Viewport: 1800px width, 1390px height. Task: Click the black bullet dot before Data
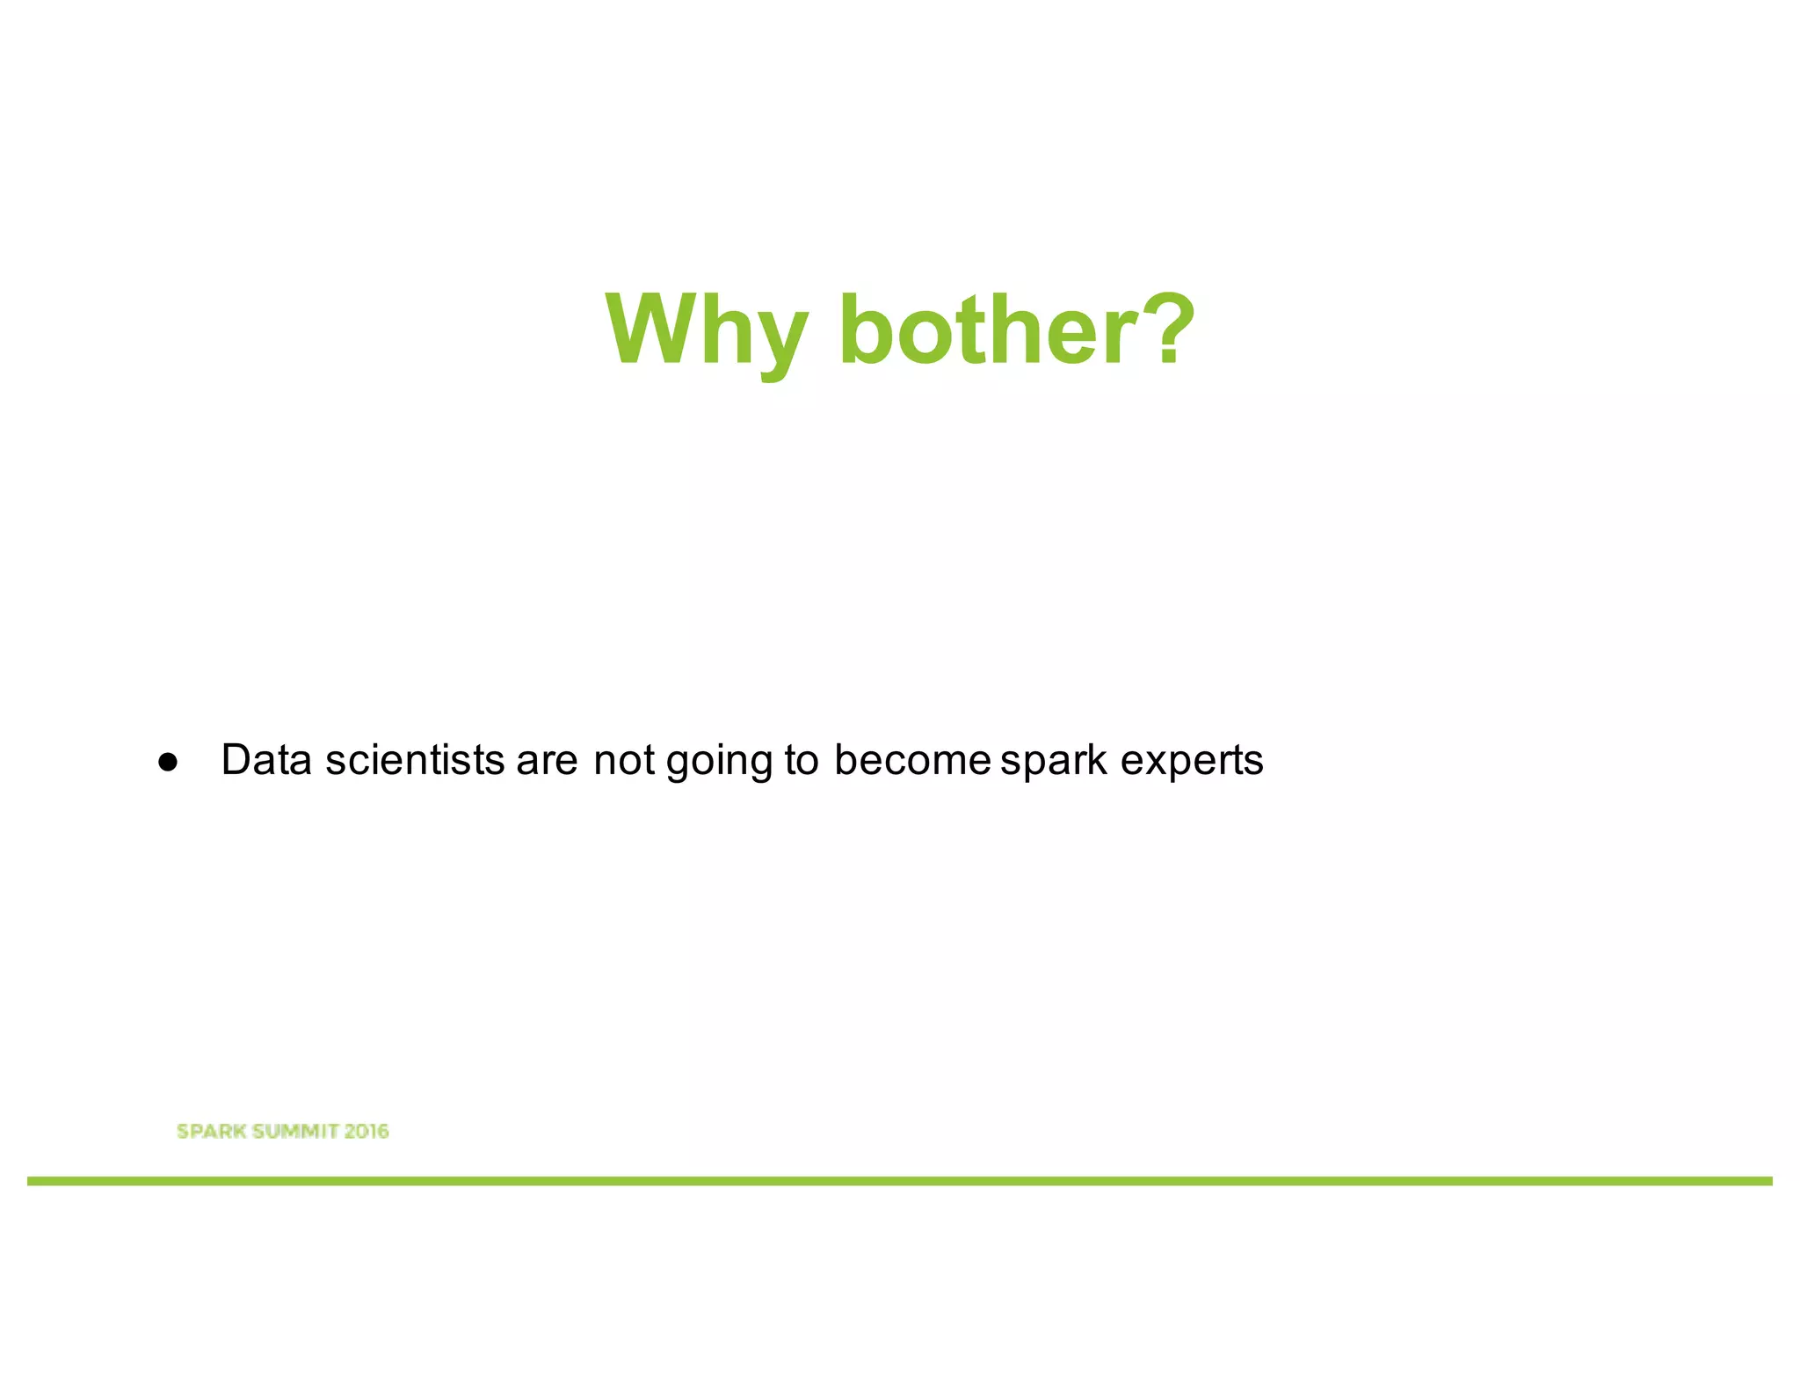click(x=168, y=763)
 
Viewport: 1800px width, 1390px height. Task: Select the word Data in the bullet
click(x=266, y=760)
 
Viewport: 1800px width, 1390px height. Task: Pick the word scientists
click(x=415, y=760)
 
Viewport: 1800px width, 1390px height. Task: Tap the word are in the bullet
click(x=547, y=761)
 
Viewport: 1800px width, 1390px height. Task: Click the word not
click(x=624, y=761)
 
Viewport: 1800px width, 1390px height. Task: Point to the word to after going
click(x=801, y=761)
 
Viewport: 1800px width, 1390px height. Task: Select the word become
click(x=912, y=760)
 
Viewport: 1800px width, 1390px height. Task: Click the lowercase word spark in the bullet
click(x=1054, y=763)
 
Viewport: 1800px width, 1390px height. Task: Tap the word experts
click(x=1192, y=763)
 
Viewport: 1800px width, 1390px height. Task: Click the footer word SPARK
click(x=211, y=1132)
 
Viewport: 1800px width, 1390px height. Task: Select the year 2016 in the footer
click(x=367, y=1132)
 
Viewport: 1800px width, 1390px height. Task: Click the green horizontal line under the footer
click(x=900, y=1182)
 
